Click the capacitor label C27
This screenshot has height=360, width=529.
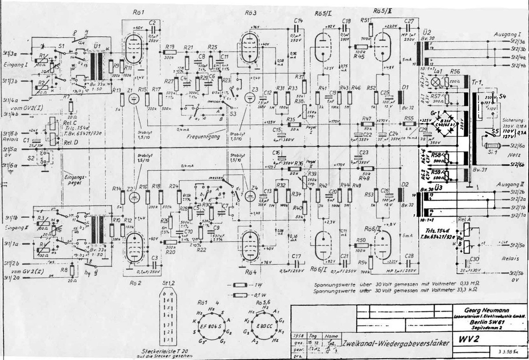pos(409,21)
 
